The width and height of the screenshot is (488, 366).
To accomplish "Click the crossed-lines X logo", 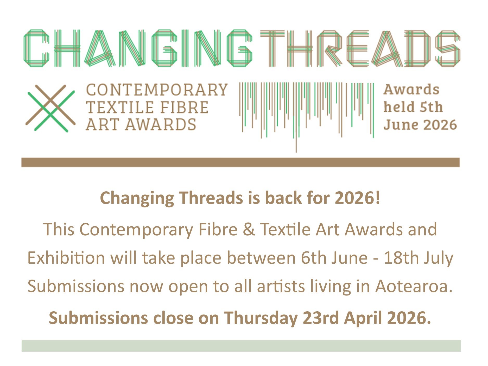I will [50, 108].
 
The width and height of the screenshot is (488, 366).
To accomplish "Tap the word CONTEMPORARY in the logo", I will [157, 90].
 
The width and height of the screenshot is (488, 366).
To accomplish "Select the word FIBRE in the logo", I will [184, 108].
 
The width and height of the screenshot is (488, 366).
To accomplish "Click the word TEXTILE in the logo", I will [120, 108].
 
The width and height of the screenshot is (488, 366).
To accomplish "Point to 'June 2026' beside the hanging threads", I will [420, 125].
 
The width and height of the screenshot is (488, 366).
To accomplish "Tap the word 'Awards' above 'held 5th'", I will [411, 90].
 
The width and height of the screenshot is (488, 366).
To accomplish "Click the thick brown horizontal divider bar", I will [240, 162].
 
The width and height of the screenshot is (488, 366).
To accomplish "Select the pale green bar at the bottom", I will [241, 346].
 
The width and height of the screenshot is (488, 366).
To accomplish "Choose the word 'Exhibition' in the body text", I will [66, 258].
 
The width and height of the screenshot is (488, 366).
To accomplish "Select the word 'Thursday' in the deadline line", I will [261, 318].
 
